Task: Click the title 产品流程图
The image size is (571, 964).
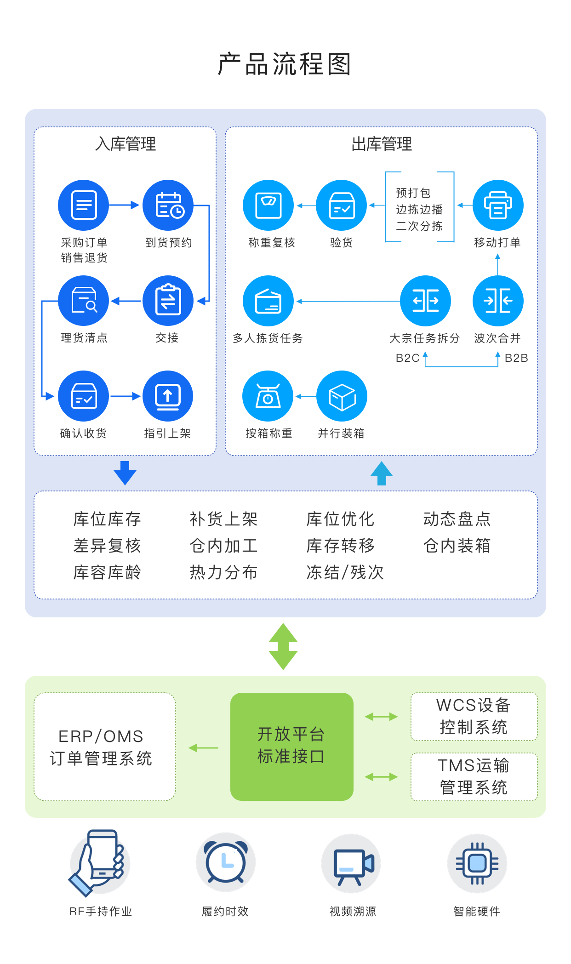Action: [285, 64]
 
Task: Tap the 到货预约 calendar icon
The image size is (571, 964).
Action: [168, 205]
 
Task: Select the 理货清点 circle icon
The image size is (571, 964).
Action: [83, 301]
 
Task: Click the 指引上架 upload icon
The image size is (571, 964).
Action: [168, 396]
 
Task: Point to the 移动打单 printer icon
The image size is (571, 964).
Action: [498, 205]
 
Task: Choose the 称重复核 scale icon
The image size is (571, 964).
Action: [268, 205]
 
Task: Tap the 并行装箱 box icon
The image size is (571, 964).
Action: [342, 396]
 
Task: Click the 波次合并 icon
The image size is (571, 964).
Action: [498, 301]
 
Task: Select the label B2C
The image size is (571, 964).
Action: [407, 358]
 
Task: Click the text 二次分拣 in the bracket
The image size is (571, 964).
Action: [419, 226]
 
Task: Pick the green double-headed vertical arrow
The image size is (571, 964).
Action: [283, 646]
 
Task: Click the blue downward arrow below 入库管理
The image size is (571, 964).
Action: [125, 473]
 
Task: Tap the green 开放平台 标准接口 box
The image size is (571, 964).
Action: [291, 746]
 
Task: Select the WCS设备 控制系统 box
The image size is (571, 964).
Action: [474, 716]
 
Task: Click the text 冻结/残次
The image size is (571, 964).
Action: [345, 572]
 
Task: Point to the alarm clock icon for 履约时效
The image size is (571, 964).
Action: [225, 862]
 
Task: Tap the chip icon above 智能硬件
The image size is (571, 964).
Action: [477, 863]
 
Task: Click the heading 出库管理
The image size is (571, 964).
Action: [381, 144]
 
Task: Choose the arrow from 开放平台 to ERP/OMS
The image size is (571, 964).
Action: [203, 748]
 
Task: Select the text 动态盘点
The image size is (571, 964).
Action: [457, 519]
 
